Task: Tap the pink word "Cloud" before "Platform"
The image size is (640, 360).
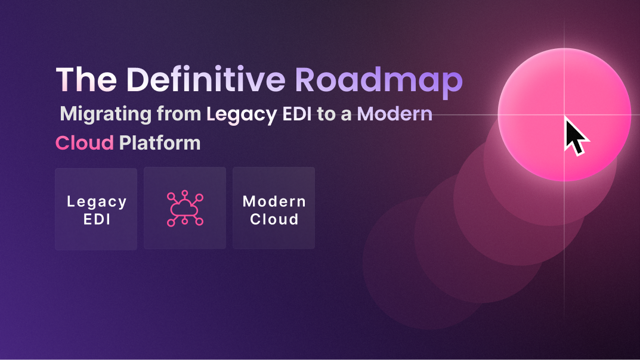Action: point(84,143)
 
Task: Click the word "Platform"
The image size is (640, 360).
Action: point(159,143)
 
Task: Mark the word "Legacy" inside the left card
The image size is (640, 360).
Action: point(96,201)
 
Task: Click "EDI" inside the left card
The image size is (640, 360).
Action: point(96,219)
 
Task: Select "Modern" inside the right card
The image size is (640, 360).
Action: point(274,201)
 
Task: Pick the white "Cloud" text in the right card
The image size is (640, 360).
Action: point(274,219)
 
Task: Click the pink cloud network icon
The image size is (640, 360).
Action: point(185,209)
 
